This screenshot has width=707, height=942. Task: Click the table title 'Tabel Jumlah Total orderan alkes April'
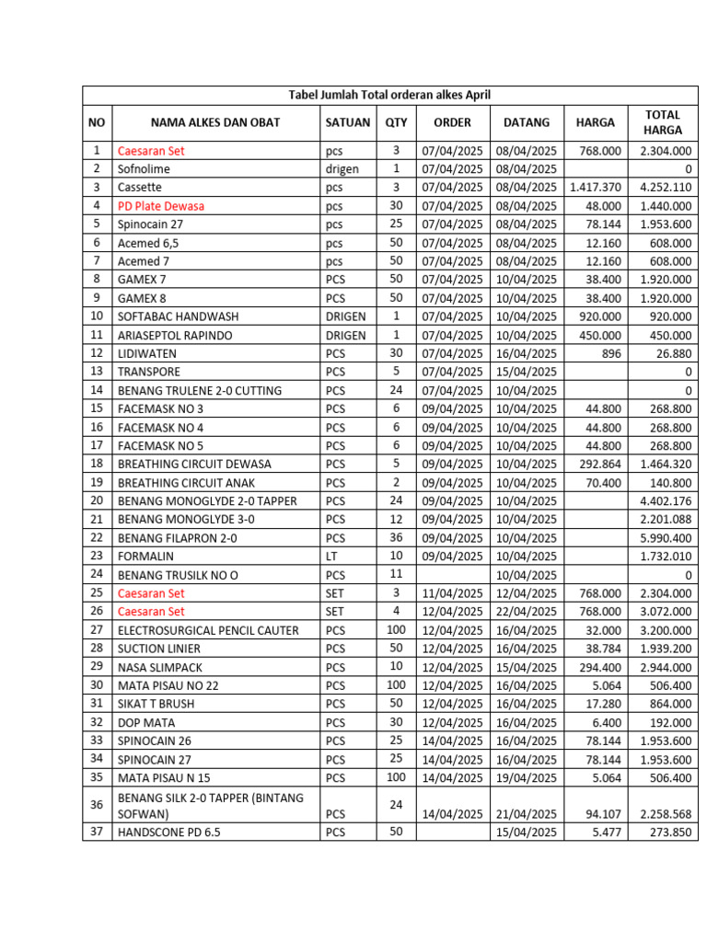tap(389, 95)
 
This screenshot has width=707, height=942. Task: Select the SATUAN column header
tap(347, 122)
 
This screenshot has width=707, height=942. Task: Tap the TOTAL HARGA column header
tap(663, 122)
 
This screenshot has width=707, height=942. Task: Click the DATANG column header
tap(527, 122)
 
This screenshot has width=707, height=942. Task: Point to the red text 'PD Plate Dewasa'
tap(161, 206)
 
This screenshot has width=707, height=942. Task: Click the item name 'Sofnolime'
tap(144, 169)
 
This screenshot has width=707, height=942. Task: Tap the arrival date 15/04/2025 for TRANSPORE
tap(527, 372)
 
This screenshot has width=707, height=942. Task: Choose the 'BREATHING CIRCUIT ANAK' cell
tap(186, 482)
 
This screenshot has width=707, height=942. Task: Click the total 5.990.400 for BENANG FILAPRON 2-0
tap(666, 538)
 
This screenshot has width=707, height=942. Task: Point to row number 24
tap(97, 574)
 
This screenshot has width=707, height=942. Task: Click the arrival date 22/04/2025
tap(527, 612)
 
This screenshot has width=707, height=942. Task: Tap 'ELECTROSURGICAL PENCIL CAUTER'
tap(208, 630)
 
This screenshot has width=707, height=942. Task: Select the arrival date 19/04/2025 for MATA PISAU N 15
tap(527, 777)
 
